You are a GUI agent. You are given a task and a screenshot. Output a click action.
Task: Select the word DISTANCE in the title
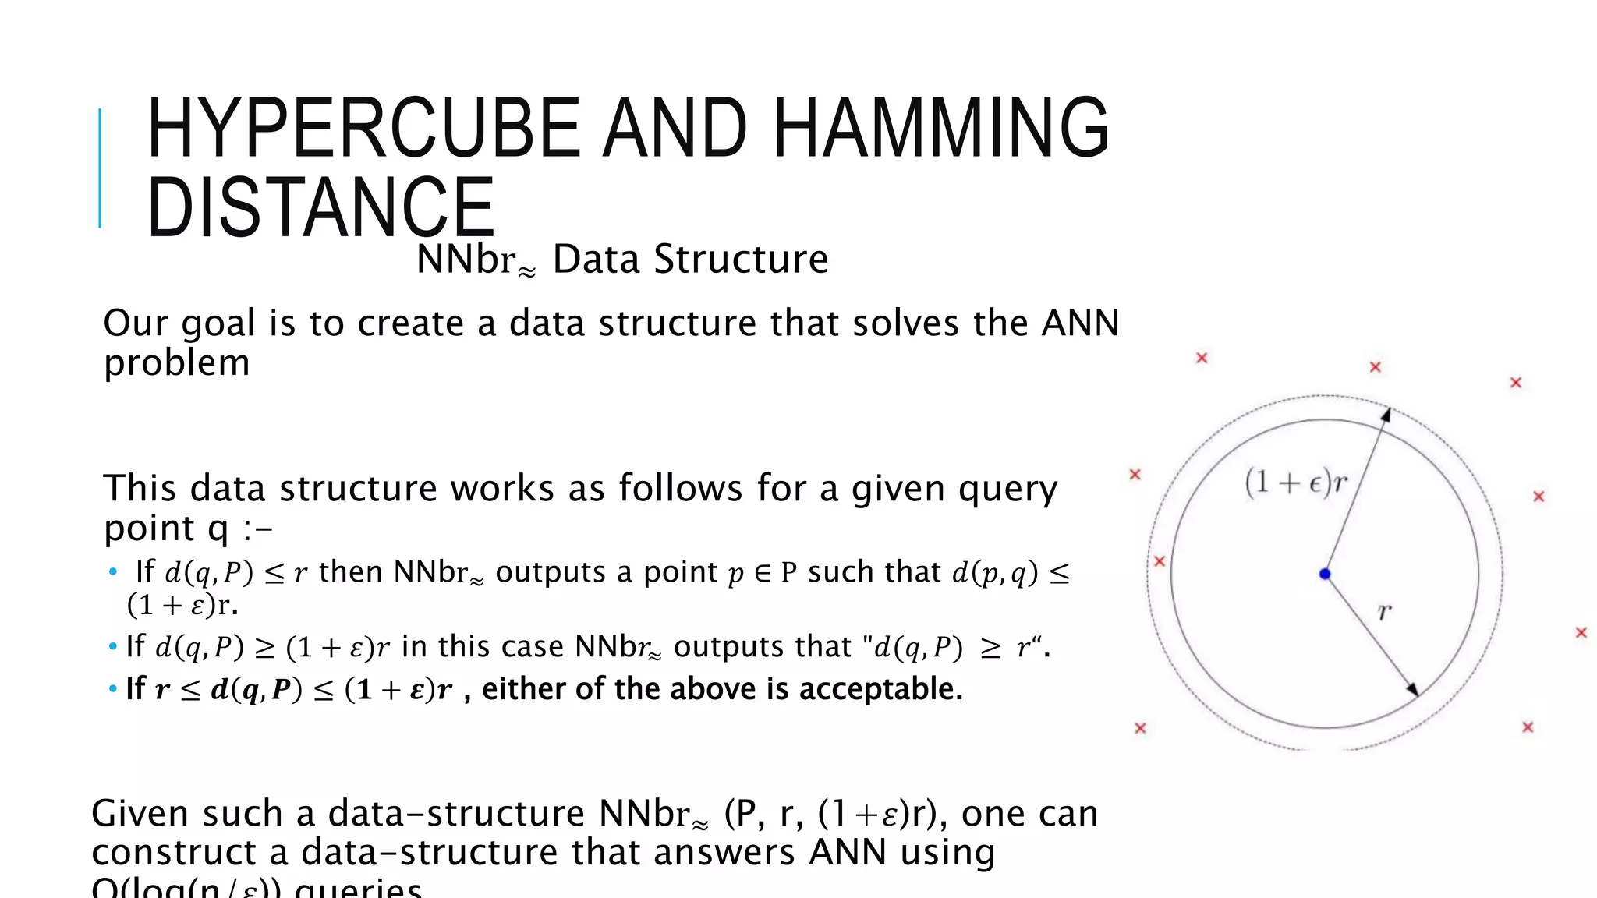point(320,207)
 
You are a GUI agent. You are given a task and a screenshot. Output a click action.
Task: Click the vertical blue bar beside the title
point(100,168)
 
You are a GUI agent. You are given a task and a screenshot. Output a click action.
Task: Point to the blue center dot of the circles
point(1325,575)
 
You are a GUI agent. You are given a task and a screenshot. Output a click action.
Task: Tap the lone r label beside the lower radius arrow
point(1384,612)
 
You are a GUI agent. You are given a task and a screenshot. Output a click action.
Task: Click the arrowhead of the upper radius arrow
point(1386,415)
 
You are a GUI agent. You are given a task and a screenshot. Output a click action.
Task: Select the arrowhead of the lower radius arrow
point(1412,689)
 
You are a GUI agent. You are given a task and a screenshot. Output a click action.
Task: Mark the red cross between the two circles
point(1160,561)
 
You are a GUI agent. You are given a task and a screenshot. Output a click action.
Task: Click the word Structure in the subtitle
point(741,259)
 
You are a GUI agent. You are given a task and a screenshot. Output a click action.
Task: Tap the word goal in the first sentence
point(218,323)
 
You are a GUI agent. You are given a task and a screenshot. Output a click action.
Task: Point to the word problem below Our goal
point(176,363)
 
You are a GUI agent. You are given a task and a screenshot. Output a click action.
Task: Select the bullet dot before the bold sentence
point(113,689)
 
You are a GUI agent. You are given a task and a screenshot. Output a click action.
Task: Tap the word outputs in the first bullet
point(551,572)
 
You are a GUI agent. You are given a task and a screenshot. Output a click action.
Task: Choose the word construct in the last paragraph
point(173,853)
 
